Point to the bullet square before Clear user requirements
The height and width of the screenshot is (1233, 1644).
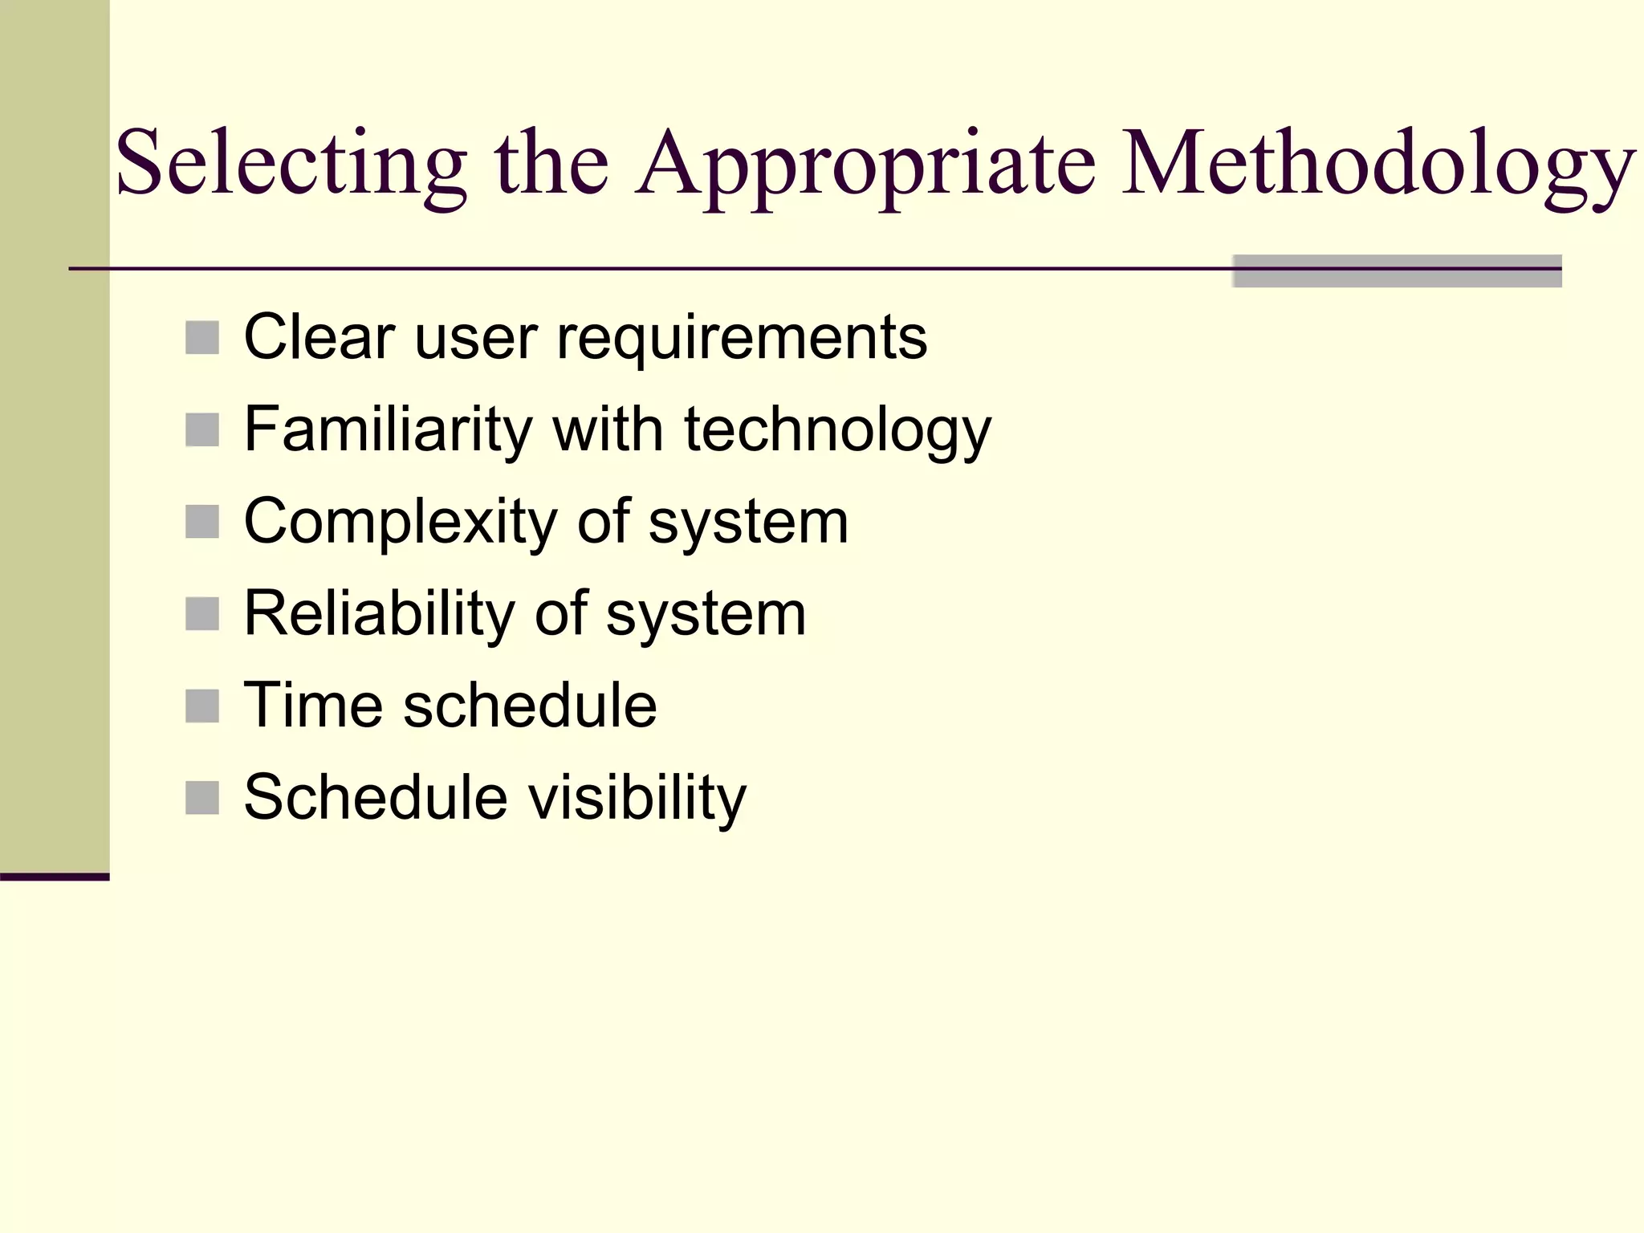click(x=202, y=338)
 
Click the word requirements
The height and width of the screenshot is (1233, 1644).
click(x=742, y=338)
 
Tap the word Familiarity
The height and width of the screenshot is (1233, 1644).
click(x=389, y=429)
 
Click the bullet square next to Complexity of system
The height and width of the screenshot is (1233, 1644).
click(x=202, y=522)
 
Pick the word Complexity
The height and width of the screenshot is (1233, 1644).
click(x=400, y=523)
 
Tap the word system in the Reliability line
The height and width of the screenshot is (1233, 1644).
click(x=706, y=616)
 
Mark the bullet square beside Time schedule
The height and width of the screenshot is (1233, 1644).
click(x=202, y=706)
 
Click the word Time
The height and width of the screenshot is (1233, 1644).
click(x=313, y=706)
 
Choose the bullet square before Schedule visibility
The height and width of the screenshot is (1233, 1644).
click(x=202, y=798)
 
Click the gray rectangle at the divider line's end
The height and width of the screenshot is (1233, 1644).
click(x=1397, y=271)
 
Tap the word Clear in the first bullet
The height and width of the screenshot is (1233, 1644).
click(x=319, y=338)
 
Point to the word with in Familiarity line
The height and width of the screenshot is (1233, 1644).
click(x=608, y=429)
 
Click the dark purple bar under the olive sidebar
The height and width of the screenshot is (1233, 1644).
click(x=55, y=877)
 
